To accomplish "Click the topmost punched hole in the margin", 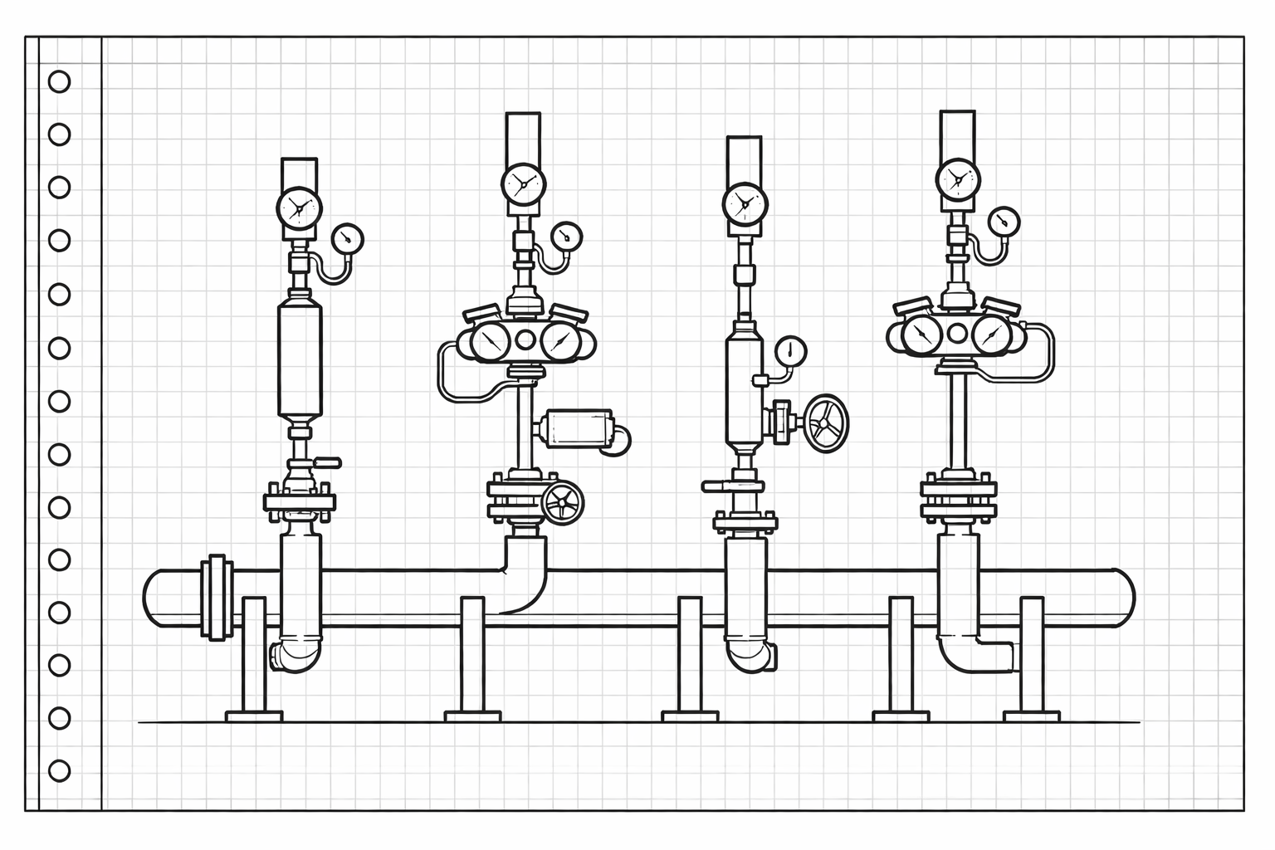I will click(59, 81).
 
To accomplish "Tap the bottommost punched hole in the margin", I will click(59, 770).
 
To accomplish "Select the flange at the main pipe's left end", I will click(217, 597).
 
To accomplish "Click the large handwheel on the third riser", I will click(827, 423).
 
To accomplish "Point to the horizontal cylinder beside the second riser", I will click(575, 429).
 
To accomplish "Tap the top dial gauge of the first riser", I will click(299, 208).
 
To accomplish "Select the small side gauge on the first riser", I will click(347, 239).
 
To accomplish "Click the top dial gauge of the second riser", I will click(524, 183).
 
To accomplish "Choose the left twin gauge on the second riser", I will click(491, 340).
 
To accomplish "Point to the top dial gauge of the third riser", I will click(745, 203).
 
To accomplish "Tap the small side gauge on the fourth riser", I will click(1004, 222).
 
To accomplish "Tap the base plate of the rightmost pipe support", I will click(1031, 716).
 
